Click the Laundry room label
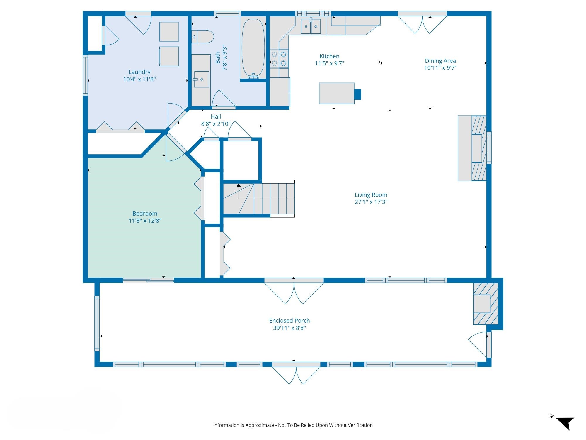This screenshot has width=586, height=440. point(139,72)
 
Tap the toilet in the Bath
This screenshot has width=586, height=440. point(202,37)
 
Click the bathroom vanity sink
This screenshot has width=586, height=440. point(202,79)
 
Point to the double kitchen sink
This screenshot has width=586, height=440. point(311,26)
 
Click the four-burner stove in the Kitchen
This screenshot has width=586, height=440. point(279,59)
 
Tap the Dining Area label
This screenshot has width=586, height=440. point(440,61)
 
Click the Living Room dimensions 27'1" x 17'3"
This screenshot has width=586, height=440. point(371,202)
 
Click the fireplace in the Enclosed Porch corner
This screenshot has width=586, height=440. point(486,304)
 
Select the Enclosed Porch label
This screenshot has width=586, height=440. point(289,321)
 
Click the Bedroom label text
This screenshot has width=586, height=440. point(145,214)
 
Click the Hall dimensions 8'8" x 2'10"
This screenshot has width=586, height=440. point(216,124)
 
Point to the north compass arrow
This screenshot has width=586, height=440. point(565,422)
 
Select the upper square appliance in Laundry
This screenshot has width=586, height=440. point(169,32)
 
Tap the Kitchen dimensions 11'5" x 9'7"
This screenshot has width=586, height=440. point(329,63)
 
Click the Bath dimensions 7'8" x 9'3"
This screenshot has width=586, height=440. point(225,57)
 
